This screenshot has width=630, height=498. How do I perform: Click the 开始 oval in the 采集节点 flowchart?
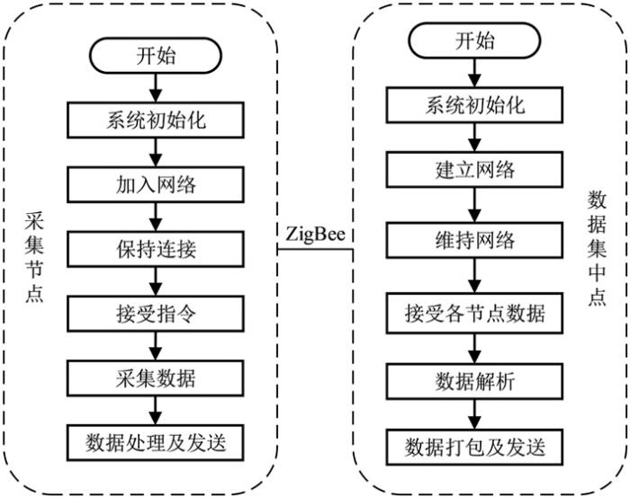point(157,56)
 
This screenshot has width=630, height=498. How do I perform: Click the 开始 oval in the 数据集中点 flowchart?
point(474,40)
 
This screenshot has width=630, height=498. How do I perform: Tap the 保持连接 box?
point(157,248)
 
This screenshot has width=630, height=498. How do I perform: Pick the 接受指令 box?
point(157,312)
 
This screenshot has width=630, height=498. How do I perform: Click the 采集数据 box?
point(157,376)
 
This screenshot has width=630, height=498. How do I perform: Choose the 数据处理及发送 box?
point(157,441)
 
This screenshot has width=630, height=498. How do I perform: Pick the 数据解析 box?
point(474,380)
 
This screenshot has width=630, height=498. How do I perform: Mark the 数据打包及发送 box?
point(474,445)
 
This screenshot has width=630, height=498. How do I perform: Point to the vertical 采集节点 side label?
point(34,256)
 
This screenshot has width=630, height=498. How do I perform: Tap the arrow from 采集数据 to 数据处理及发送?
point(157,408)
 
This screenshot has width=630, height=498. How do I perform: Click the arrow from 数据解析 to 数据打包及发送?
point(474,413)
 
